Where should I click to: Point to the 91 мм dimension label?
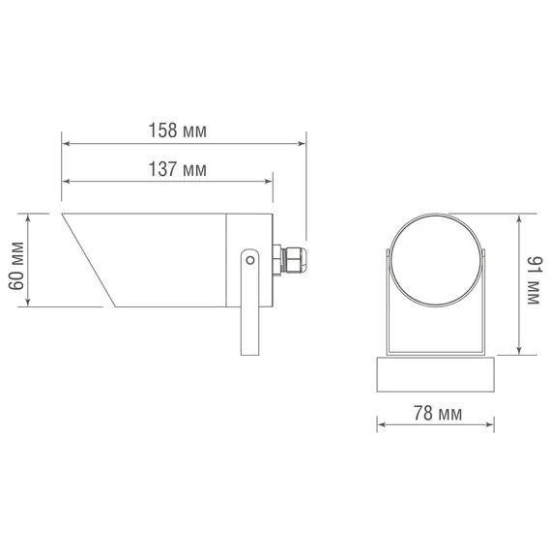coord(533,283)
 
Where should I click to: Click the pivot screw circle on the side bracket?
coord(249,260)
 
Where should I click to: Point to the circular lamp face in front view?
coord(436,258)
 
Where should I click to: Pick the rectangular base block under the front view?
coord(436,374)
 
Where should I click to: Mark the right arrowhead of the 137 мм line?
coord(271,182)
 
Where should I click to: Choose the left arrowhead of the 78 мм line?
coord(380,423)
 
